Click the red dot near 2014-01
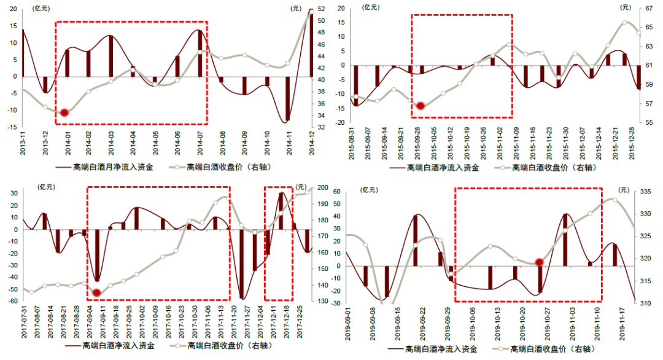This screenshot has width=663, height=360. [64, 112]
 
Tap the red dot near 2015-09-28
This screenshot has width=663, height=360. [421, 106]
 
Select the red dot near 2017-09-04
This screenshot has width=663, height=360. [96, 292]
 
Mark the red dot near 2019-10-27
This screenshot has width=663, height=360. [540, 262]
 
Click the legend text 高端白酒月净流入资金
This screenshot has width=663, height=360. [113, 166]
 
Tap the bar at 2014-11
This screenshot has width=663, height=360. [288, 98]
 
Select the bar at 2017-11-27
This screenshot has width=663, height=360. [242, 264]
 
